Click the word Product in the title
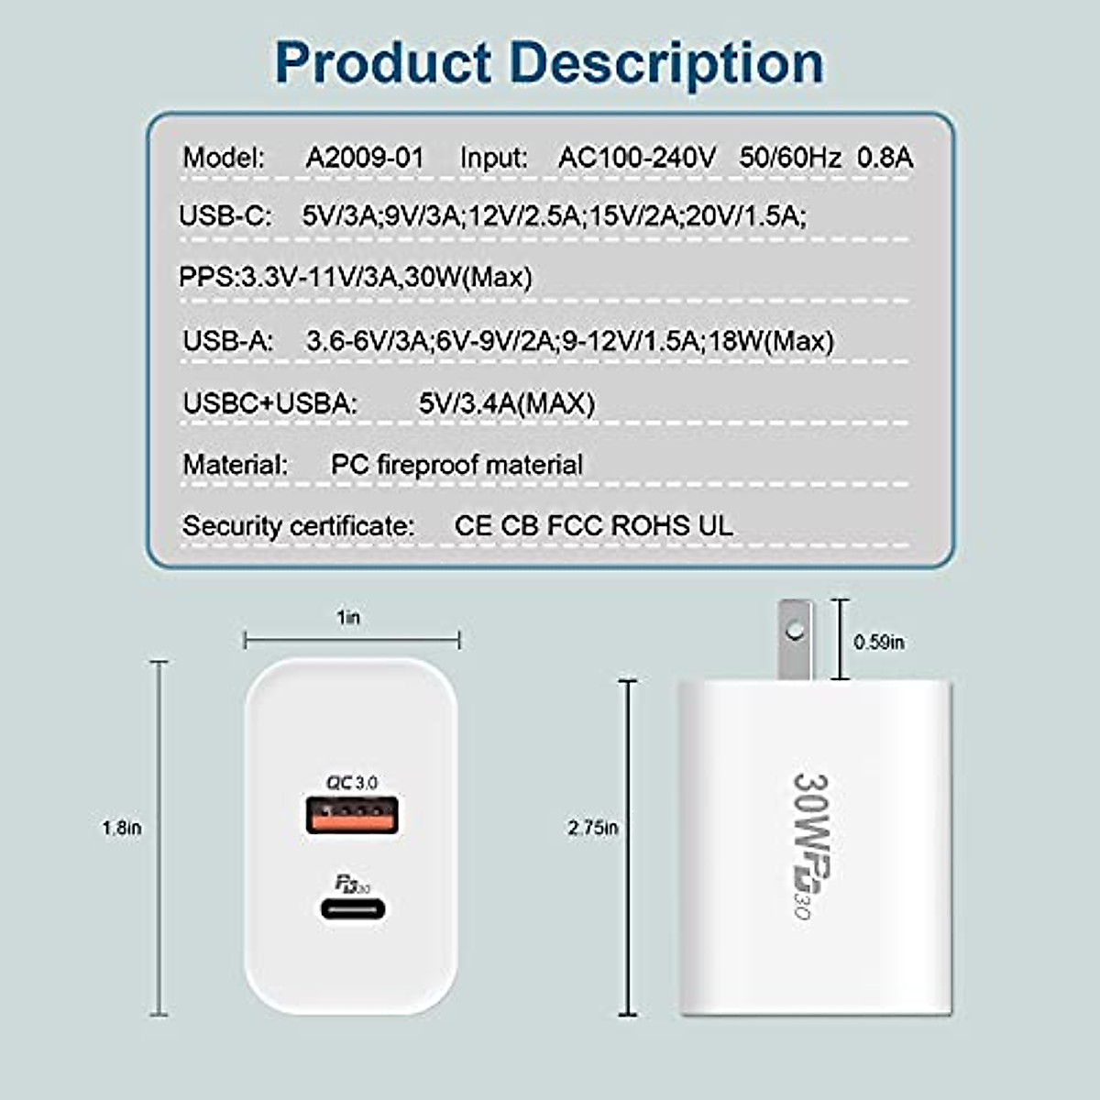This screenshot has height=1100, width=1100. pos(383,62)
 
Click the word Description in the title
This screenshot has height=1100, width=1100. pos(666,62)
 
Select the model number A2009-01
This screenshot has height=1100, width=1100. pos(365,158)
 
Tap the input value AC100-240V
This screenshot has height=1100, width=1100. pos(637,158)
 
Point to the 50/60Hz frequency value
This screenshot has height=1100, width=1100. pos(790,158)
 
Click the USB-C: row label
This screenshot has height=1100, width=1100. pos(225,216)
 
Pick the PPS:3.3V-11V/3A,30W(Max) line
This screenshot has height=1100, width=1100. pos(356,277)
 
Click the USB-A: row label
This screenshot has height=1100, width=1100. pos(228,341)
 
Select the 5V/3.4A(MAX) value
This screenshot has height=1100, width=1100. pos(507,403)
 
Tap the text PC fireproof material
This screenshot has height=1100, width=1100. pos(456,465)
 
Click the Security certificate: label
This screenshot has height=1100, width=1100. pos(298,526)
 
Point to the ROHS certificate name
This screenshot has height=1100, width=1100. pos(650,526)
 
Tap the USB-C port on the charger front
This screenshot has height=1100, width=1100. pos(353,909)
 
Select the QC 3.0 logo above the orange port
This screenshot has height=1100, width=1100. pos(352,783)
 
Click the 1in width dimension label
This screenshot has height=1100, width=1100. pos(348,618)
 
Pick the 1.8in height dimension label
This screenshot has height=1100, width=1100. pos(122,828)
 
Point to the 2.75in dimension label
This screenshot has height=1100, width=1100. pos(592,828)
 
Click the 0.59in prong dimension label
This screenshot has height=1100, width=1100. pos(879,643)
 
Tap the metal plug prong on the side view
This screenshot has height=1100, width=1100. pos(795,638)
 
